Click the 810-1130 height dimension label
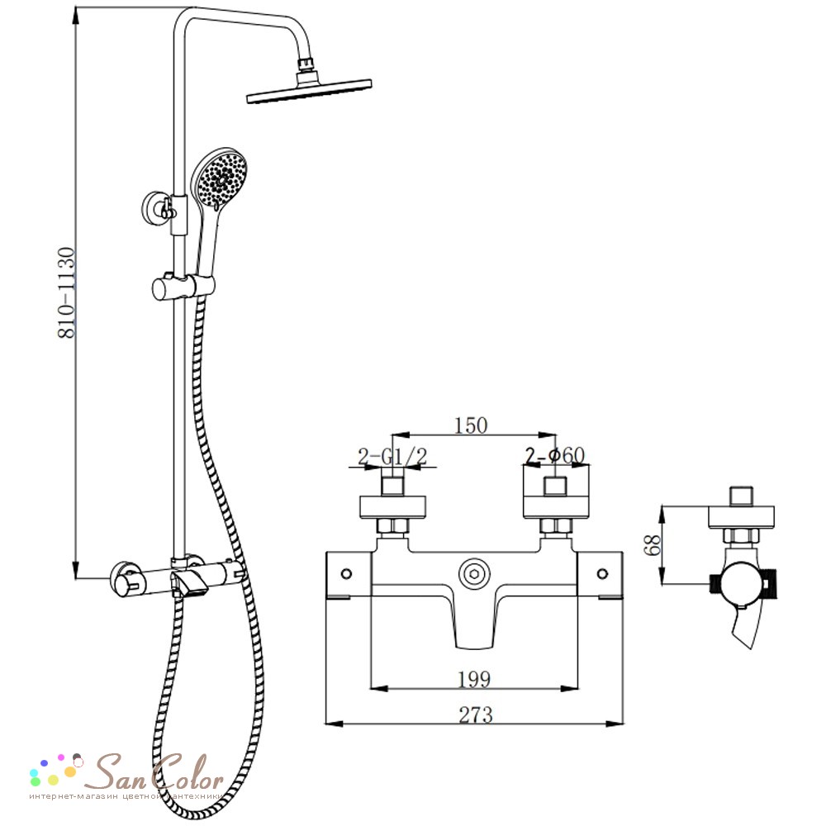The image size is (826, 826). point(67,292)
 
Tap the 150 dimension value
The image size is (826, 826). point(471,425)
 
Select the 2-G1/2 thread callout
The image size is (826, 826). point(392,456)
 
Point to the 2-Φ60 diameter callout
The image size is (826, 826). point(555,456)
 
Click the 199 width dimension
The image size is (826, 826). point(474,679)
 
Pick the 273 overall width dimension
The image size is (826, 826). point(476,714)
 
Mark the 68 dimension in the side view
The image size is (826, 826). point(653,544)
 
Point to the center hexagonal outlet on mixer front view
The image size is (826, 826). point(474,574)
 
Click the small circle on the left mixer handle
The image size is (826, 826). point(346,574)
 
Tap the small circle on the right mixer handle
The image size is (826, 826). point(603,574)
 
